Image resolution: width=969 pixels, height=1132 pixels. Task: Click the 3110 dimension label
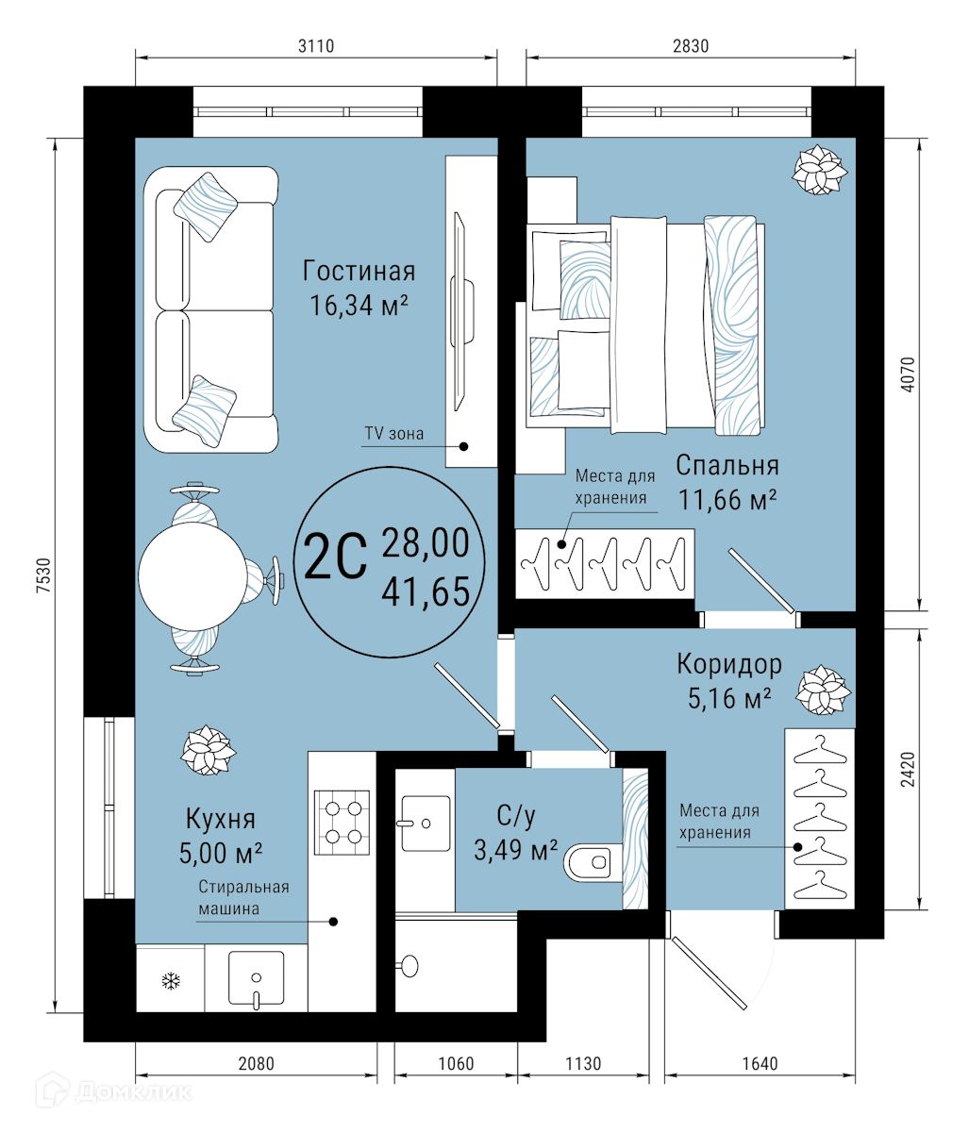coord(315,46)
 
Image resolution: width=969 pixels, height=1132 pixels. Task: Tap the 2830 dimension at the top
coord(690,46)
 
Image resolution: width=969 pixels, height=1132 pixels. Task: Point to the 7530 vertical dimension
coord(43,575)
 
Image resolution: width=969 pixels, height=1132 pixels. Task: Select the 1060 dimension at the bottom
coord(456,1063)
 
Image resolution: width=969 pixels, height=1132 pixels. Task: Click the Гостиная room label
coord(359,271)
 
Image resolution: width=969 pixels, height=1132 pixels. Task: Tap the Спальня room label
coord(727,465)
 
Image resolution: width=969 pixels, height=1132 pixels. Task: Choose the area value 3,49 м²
coord(515,850)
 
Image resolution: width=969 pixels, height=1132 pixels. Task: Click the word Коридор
coord(729,664)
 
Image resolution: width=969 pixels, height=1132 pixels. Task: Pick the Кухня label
coord(220,820)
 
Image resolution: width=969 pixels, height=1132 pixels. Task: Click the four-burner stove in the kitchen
coord(342,823)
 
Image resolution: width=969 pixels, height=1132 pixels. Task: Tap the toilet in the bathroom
coord(593,862)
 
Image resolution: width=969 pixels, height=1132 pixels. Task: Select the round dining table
coord(192,576)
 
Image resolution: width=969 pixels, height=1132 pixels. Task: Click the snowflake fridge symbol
coord(171,981)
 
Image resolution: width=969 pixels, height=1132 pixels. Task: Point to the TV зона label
coord(393,434)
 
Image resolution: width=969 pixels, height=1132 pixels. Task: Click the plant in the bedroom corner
coord(820,170)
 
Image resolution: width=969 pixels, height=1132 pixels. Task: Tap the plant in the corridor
coord(824,690)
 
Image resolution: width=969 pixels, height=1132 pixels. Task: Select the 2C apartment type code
coord(335,556)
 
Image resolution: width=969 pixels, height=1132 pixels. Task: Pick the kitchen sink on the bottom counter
coord(256,978)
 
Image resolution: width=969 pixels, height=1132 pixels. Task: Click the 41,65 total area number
coord(426,591)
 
